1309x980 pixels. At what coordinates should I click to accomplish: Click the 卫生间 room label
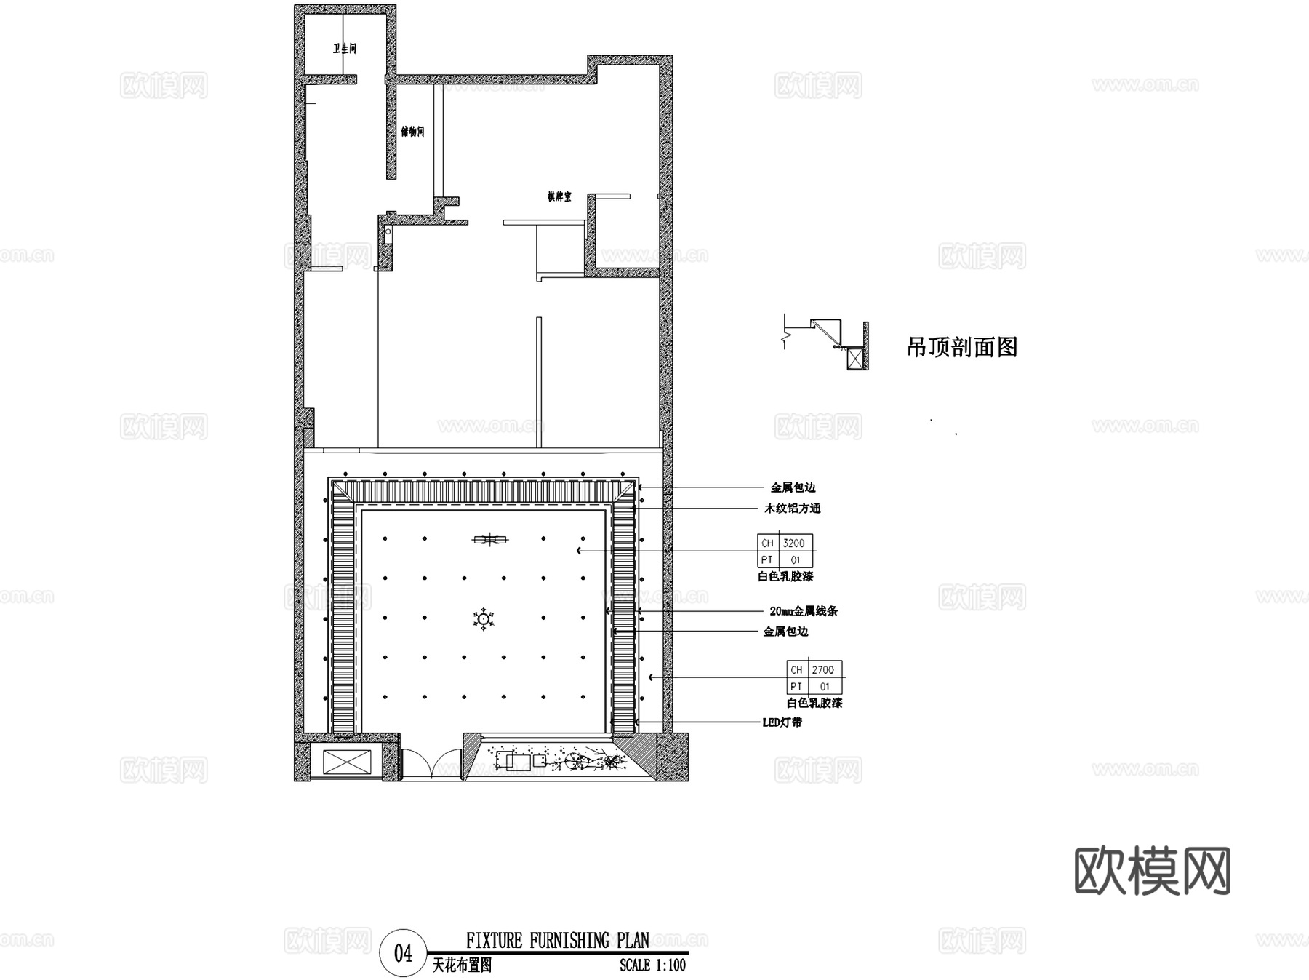click(345, 49)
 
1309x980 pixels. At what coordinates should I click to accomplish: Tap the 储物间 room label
click(412, 132)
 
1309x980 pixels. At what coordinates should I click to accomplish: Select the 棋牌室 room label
click(559, 196)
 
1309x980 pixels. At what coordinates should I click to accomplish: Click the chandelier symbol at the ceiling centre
click(482, 619)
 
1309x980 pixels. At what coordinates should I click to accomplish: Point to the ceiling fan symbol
click(490, 539)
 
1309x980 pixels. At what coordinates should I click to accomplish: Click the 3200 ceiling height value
click(793, 543)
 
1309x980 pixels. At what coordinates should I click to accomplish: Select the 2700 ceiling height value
click(822, 669)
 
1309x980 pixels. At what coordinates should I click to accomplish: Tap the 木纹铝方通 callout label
click(792, 509)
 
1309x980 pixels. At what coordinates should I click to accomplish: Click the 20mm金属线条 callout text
click(803, 611)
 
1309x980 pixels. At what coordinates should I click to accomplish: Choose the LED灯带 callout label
click(782, 722)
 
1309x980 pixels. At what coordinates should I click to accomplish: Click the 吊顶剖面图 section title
click(961, 347)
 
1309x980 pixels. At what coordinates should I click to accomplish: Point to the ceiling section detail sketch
click(829, 342)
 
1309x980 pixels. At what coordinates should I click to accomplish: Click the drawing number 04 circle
click(403, 953)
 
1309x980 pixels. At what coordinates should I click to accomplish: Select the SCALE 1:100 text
click(652, 965)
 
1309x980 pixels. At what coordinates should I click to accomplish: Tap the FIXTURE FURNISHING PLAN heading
click(557, 941)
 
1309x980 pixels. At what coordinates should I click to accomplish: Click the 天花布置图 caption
click(462, 965)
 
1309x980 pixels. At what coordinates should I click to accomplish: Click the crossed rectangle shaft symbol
click(346, 762)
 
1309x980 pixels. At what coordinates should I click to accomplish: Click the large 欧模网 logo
click(1152, 871)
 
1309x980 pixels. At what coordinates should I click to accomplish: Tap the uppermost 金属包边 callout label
click(793, 487)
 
